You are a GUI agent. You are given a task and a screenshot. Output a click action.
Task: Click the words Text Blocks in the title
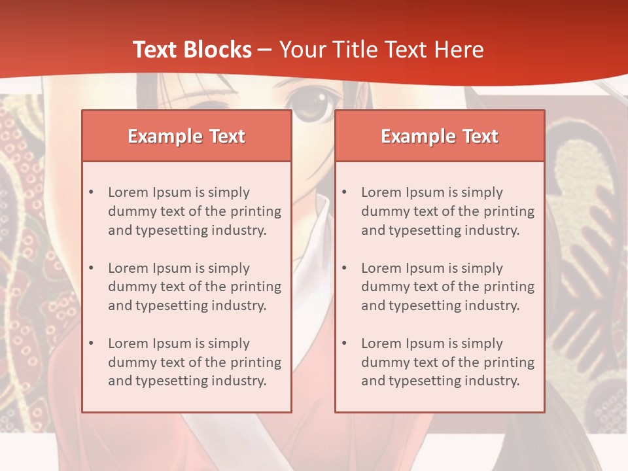(192, 50)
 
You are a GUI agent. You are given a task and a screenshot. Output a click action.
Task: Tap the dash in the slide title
(265, 50)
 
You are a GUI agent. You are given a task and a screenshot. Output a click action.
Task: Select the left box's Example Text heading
(186, 136)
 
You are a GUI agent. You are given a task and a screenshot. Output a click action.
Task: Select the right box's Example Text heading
(440, 136)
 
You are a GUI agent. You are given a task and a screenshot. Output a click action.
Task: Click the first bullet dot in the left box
(91, 192)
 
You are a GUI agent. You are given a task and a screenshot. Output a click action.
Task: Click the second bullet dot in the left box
(91, 268)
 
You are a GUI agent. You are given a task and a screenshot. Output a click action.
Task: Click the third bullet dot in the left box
(91, 343)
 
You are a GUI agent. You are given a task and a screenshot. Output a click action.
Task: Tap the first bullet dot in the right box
(344, 192)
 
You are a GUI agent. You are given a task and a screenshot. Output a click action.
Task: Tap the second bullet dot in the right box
(344, 268)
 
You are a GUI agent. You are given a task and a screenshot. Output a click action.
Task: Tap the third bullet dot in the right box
(344, 343)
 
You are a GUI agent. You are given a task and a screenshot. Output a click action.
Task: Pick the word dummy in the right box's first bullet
(383, 211)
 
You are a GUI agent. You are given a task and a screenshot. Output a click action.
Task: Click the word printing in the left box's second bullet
(256, 287)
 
